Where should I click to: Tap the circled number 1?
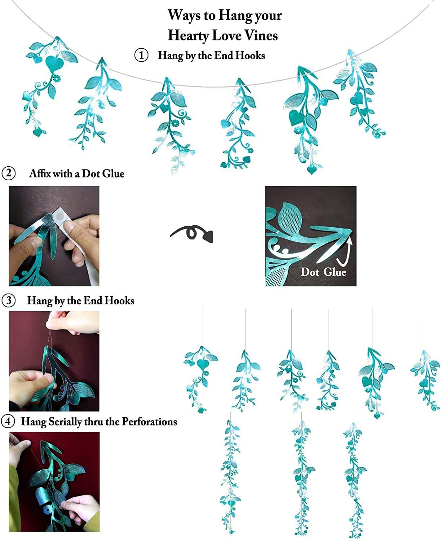click(x=141, y=56)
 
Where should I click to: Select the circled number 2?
click(x=8, y=173)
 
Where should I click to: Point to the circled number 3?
click(x=8, y=300)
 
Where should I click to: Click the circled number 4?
click(x=8, y=421)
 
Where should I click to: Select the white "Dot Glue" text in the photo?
click(x=323, y=272)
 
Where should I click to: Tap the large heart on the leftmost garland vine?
click(x=54, y=63)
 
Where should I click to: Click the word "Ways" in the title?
click(x=181, y=15)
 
